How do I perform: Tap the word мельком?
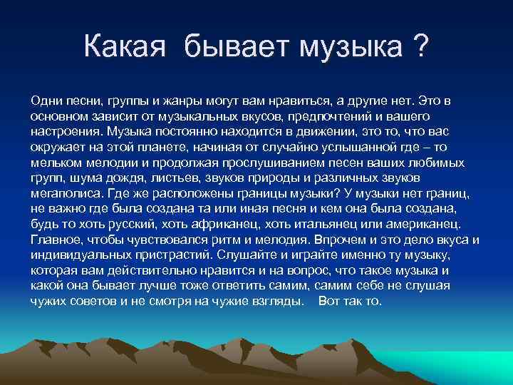click(53, 162)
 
